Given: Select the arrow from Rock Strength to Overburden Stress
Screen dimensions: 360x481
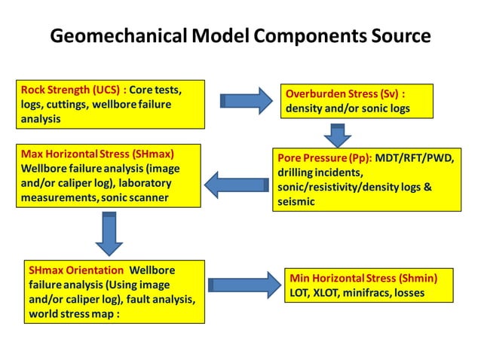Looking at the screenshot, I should point(245,101).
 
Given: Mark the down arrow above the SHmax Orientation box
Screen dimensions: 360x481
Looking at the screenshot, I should point(109,233).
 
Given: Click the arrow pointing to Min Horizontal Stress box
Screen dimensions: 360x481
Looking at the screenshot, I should point(244,285).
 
